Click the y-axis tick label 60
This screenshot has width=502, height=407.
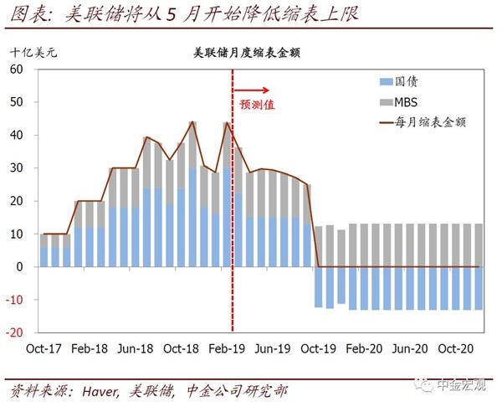16,69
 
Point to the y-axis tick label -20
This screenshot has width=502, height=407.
13,332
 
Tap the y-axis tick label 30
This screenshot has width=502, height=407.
16,167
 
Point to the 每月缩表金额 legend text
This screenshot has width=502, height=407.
435,121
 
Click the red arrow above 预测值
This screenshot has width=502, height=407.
252,89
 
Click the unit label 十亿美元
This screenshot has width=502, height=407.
35,51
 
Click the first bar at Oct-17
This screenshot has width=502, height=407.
44,250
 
